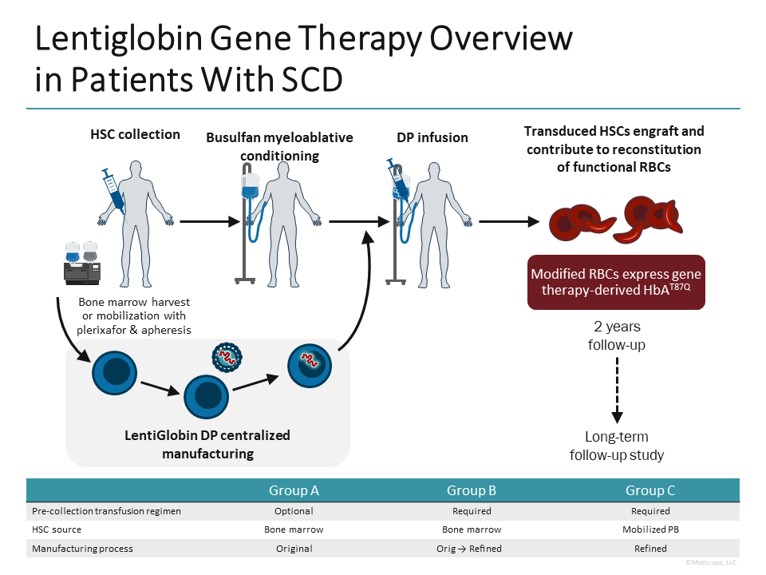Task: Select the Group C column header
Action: coord(650,490)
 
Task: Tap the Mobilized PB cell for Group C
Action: coord(650,529)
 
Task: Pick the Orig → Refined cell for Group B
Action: coord(472,549)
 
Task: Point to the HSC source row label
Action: coord(57,529)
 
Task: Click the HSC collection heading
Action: coord(135,134)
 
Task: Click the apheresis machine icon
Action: coord(82,264)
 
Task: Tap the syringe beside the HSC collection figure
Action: coord(111,187)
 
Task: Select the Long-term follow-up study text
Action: coord(616,446)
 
